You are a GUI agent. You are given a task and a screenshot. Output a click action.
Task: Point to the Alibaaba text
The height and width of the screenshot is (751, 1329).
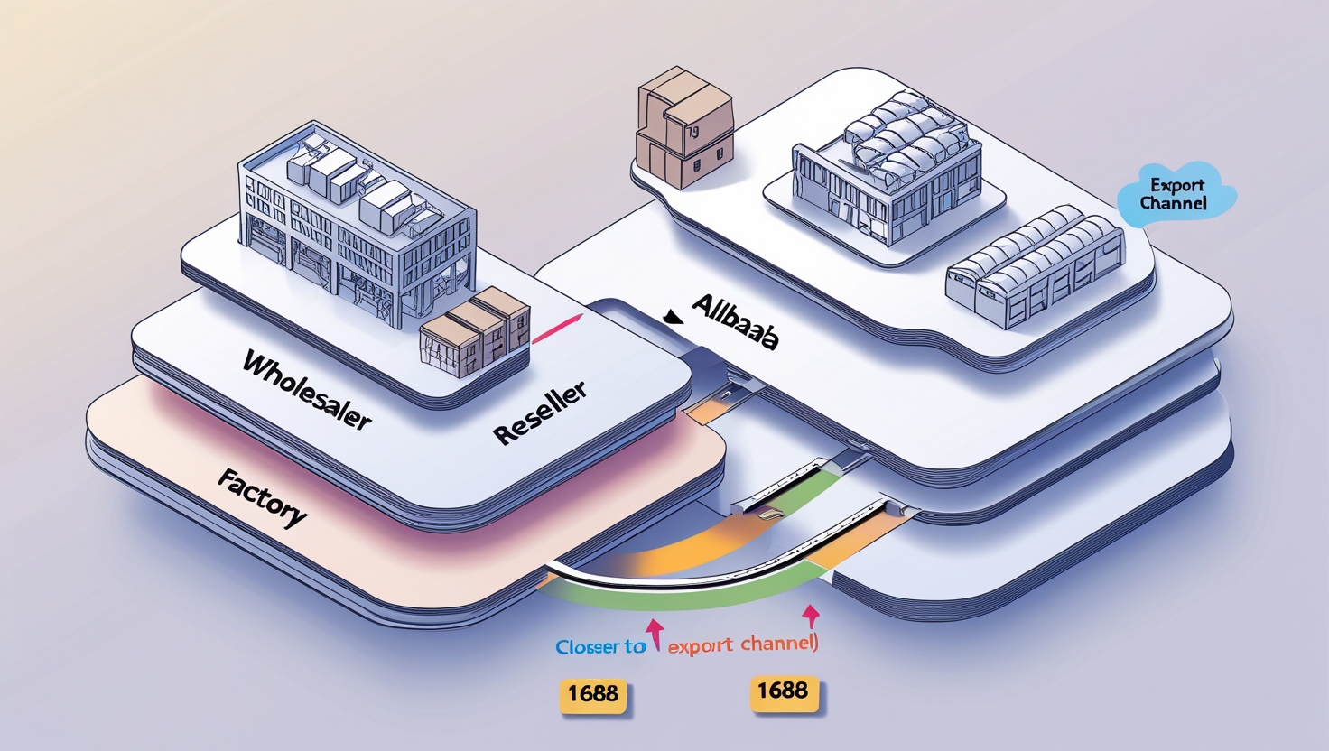(735, 321)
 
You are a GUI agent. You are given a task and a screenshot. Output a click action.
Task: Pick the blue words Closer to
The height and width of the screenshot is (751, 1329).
(600, 646)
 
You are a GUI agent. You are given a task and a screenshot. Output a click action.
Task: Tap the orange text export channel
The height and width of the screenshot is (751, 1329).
(742, 644)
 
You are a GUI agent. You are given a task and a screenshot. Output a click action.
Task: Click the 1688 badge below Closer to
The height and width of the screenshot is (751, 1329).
(593, 694)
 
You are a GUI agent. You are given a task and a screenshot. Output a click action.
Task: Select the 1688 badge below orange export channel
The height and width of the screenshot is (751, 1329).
(783, 691)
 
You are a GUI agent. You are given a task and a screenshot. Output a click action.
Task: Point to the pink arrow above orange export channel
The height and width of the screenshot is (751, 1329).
(811, 616)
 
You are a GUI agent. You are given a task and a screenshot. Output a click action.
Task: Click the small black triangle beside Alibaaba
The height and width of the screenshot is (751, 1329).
(671, 317)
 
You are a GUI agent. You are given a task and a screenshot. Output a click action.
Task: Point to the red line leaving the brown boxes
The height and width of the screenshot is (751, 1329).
(555, 329)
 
